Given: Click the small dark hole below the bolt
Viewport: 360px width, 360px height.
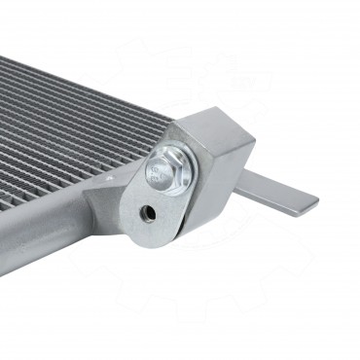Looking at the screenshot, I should click(148, 211).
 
